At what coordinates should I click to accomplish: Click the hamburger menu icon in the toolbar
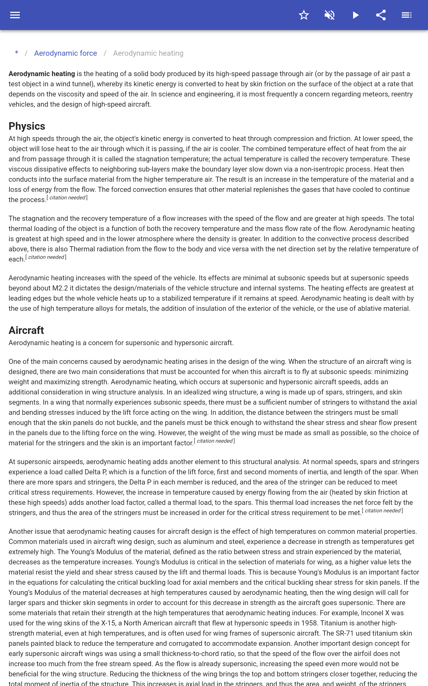15,15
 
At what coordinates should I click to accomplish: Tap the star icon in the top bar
304,15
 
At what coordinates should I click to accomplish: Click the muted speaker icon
330,15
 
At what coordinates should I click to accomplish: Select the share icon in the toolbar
381,15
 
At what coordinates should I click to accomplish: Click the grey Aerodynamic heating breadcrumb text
148,53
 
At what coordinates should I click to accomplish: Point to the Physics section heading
27,126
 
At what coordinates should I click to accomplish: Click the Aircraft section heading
26,330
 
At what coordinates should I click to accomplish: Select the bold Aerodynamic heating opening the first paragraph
42,74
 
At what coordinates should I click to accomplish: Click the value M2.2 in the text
60,288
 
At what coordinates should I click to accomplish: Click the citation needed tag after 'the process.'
67,198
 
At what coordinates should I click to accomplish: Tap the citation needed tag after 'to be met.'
383,511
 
